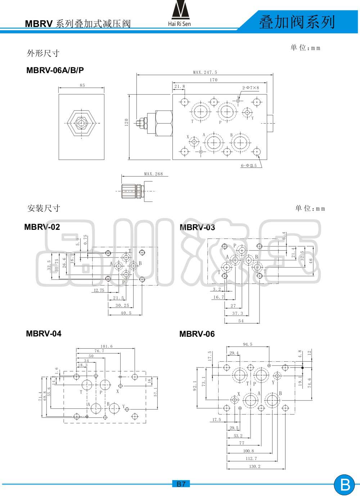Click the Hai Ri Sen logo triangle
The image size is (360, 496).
pos(180,10)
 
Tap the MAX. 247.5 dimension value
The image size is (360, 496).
pos(205,72)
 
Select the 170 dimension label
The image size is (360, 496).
pos(213,80)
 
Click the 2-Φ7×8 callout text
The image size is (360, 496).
pos(250,88)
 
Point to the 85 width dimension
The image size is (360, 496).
pos(82,85)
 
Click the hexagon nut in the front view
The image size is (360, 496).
pos(82,123)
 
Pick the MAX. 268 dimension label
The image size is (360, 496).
pos(153,174)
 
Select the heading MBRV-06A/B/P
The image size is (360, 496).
pos(55,70)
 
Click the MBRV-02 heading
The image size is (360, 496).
pos(42,227)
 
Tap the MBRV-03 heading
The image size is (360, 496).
pos(197,227)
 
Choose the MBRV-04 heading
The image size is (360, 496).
pos(44,334)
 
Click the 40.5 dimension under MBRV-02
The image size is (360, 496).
pos(126,313)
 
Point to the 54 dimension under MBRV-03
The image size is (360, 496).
pos(241,321)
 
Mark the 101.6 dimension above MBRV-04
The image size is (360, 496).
pos(107,346)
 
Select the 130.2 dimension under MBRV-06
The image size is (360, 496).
pos(255,466)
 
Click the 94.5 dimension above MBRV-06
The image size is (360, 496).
pos(248,344)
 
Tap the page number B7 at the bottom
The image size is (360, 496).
pos(181,484)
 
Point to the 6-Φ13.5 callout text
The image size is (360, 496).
pos(249,166)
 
